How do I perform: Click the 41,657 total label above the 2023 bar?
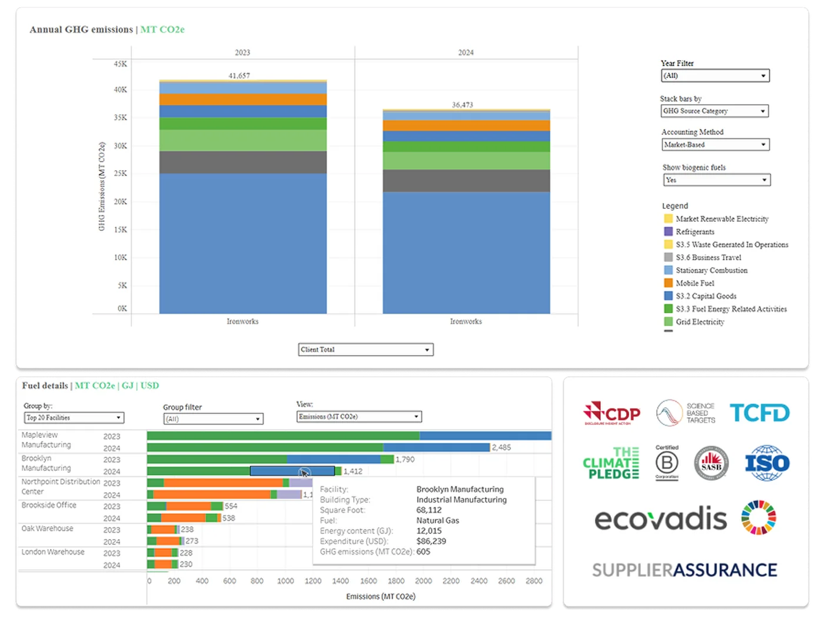tap(239, 75)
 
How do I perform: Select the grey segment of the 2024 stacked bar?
tap(466, 181)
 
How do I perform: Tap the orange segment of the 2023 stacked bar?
tap(242, 99)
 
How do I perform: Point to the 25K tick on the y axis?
tap(120, 174)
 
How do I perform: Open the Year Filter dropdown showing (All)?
tap(715, 75)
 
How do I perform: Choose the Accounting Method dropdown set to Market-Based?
tap(715, 144)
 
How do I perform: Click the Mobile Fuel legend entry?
tap(695, 283)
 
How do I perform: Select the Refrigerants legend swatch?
tap(668, 232)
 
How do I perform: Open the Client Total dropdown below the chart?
tap(366, 350)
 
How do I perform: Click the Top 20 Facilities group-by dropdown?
tap(74, 417)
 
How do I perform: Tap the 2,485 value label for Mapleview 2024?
tap(501, 447)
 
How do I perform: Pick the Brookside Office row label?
tap(49, 505)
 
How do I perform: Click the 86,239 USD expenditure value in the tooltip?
tap(431, 541)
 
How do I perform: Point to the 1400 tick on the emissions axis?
tap(340, 581)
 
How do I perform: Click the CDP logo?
tap(612, 413)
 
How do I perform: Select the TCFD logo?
tap(759, 413)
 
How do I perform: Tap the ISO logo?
tap(767, 463)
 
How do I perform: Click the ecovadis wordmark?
tap(660, 519)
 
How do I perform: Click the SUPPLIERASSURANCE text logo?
tap(685, 570)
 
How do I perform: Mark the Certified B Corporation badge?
tap(667, 463)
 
